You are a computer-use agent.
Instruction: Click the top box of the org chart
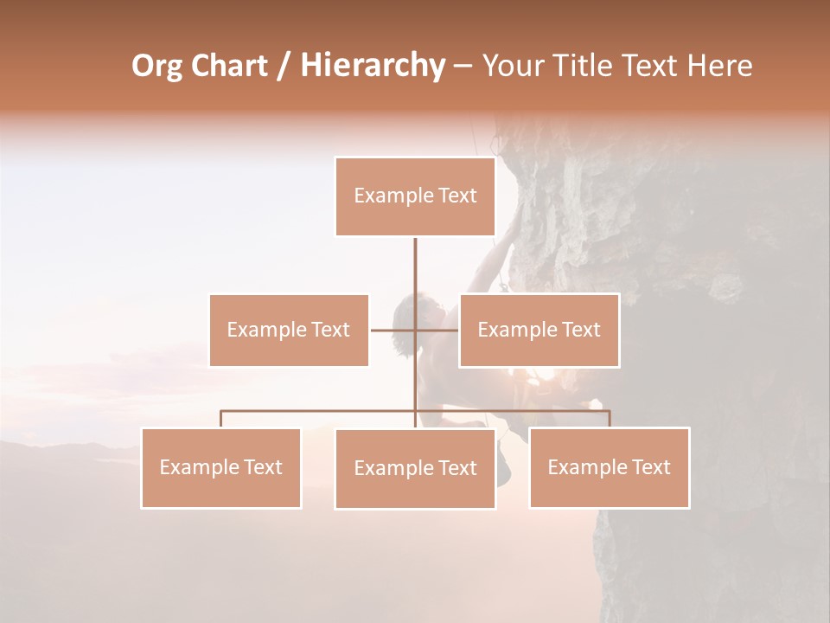415,196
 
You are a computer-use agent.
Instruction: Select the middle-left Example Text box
289,330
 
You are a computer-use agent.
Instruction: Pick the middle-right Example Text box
539,330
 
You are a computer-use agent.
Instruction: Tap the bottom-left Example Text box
221,467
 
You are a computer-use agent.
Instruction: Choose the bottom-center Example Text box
415,468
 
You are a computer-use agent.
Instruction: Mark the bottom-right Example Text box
610,467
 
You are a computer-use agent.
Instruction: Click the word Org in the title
156,66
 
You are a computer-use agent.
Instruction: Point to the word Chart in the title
231,66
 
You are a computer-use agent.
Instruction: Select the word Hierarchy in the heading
372,66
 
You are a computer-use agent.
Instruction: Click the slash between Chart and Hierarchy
284,66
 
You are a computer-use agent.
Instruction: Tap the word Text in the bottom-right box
651,467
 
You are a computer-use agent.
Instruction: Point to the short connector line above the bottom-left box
221,419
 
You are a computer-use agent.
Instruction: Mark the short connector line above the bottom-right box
610,419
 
